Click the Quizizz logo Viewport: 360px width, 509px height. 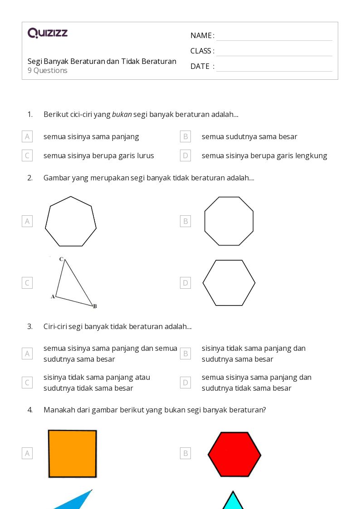tap(48, 33)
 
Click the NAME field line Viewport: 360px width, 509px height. tap(274, 41)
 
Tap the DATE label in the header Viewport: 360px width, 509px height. tap(200, 66)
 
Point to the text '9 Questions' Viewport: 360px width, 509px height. tap(48, 70)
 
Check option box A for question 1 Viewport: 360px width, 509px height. tap(27, 137)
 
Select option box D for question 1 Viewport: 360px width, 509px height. tap(185, 155)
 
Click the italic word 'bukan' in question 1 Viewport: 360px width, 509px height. tap(122, 114)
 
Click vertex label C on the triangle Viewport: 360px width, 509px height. tap(61, 259)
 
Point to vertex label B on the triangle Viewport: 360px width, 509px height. tap(95, 306)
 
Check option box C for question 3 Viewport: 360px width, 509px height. tap(27, 383)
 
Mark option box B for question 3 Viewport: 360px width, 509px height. tap(185, 354)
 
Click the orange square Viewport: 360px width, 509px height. tap(73, 454)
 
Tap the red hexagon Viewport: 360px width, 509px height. tap(234, 454)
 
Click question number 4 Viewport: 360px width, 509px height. tap(30, 410)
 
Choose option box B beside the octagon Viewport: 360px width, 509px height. tap(185, 221)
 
